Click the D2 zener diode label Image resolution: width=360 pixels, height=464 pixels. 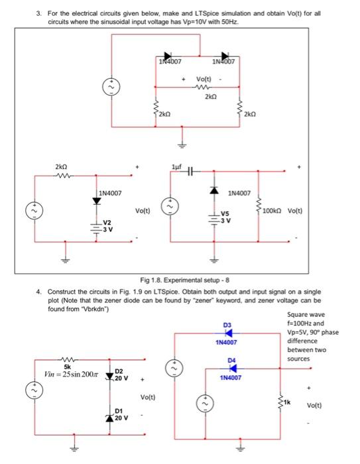[120, 373]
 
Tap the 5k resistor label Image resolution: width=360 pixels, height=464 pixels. [67, 365]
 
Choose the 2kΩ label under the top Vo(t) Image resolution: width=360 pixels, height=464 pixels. [210, 96]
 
